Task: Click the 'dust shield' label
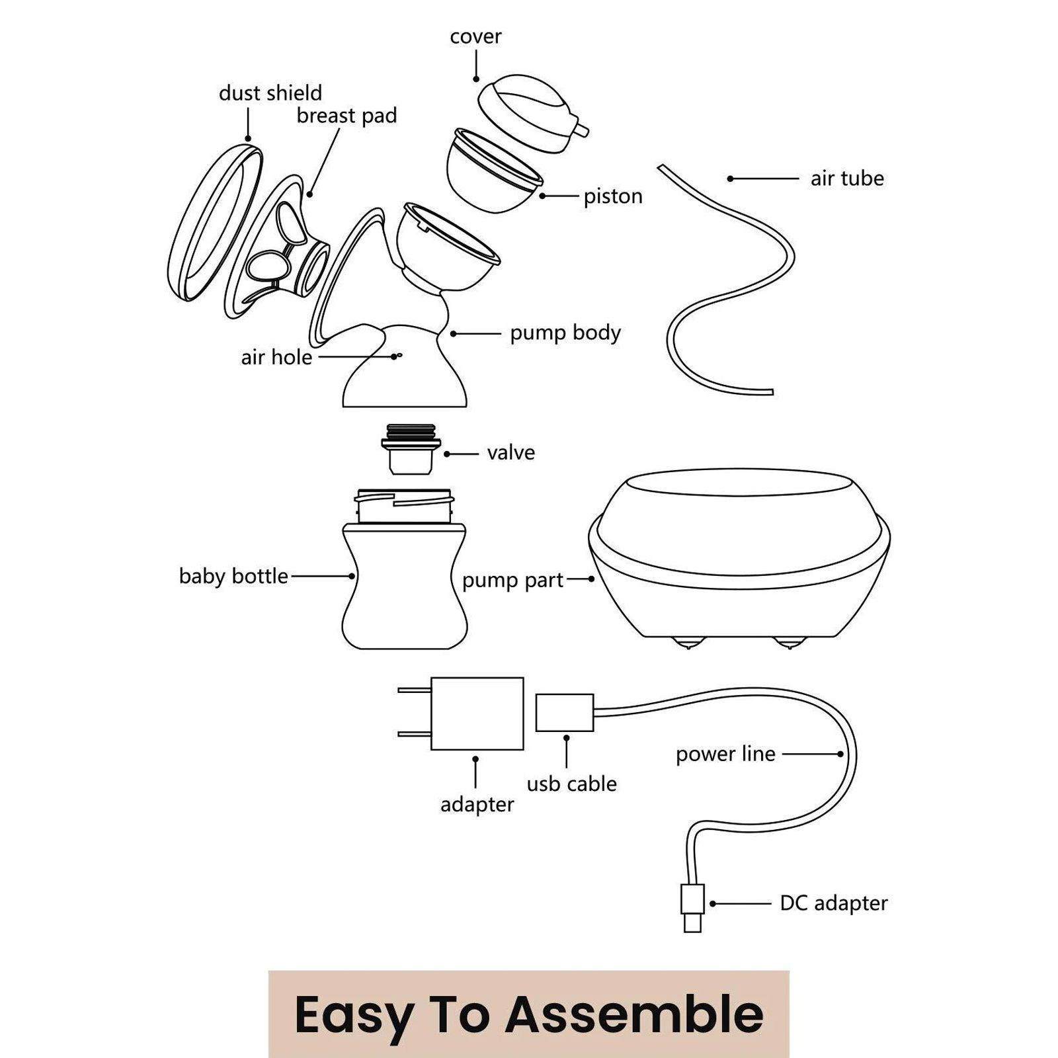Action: pos(270,93)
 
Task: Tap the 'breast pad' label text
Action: pos(346,116)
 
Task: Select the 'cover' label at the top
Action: pos(475,36)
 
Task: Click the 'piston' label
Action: pos(612,196)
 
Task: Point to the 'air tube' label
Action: pos(847,179)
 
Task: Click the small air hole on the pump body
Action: pos(397,356)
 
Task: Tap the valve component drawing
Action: pos(410,450)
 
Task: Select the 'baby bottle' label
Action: pos(233,576)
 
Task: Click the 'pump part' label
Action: pos(512,580)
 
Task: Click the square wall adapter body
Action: pos(477,713)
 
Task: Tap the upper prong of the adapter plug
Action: pos(414,690)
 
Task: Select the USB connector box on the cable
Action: pos(564,712)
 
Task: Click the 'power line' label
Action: pos(725,754)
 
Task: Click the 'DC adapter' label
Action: pos(833,903)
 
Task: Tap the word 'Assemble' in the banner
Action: pos(635,1014)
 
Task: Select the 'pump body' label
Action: pos(565,333)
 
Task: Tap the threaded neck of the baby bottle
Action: pos(404,506)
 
